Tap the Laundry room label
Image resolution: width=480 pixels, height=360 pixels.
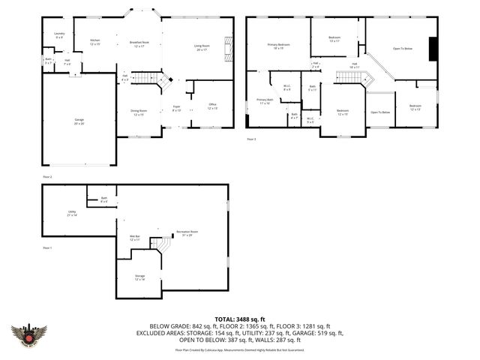58,35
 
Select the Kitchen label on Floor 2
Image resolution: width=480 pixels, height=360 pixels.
95,41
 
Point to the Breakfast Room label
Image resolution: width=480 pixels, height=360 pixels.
139,43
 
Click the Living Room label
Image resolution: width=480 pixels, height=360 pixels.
202,47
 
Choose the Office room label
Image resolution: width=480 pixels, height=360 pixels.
212,106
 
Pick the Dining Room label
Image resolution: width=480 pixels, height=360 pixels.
138,112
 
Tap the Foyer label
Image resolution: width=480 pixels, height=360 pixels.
176,108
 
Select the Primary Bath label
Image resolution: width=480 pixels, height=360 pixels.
265,101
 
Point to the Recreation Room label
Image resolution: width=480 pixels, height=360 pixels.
187,233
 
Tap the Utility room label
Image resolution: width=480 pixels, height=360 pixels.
72,214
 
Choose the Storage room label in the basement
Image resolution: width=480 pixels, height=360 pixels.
139,277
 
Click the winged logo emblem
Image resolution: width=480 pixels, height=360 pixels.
29,334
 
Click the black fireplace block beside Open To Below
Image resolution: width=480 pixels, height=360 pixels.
433,49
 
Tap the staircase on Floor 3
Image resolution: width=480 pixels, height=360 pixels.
348,78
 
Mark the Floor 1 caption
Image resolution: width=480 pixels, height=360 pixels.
47,247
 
